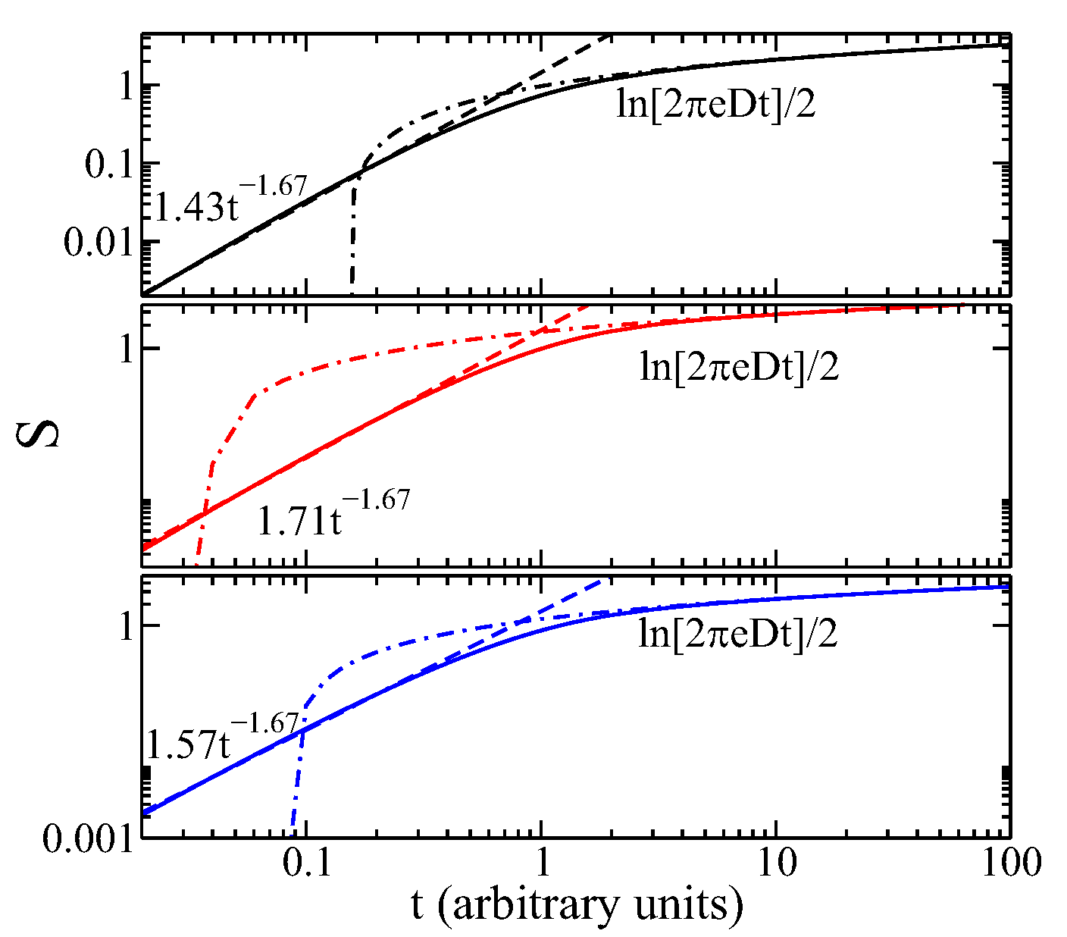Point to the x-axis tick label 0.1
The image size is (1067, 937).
306,863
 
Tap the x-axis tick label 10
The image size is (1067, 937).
775,863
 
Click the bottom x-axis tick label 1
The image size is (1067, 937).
541,863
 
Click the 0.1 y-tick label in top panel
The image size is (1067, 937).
108,164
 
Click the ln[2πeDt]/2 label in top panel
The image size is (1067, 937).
716,105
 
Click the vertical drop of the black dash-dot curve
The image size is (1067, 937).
352,243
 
